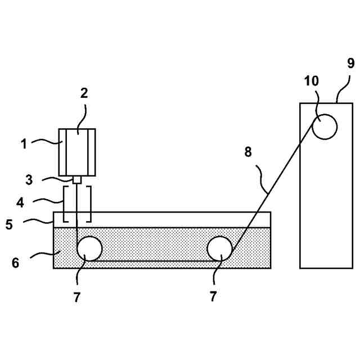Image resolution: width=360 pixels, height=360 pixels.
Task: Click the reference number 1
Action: (x=24, y=144)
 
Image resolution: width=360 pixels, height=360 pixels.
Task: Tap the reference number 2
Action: (x=84, y=93)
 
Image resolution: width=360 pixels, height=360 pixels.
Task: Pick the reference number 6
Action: (x=16, y=262)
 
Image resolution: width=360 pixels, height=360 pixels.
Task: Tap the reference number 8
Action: (x=249, y=151)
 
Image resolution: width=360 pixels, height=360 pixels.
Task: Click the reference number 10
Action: (x=312, y=81)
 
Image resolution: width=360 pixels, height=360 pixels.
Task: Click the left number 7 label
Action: (x=77, y=298)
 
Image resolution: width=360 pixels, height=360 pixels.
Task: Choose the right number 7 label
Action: (x=213, y=298)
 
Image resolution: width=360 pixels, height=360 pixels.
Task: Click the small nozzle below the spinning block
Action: (x=78, y=180)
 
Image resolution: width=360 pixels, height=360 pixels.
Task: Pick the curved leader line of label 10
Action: (x=316, y=105)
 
